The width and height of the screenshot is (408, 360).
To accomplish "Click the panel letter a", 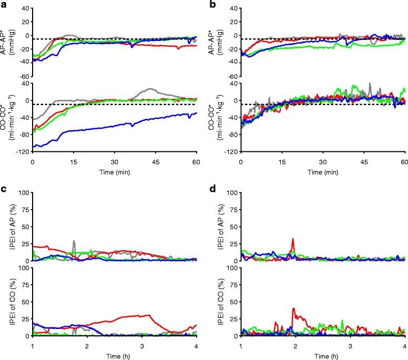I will (4, 5).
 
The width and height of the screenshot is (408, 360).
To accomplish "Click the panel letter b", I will (212, 5).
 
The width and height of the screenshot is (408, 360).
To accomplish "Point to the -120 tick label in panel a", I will (23, 152).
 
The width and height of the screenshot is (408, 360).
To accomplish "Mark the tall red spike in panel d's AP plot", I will (293, 239).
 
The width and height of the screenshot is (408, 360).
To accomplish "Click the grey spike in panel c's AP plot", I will (74, 241).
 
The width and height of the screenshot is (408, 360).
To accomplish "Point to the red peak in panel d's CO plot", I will (293, 308).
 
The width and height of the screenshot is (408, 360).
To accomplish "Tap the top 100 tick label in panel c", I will (23, 193).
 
